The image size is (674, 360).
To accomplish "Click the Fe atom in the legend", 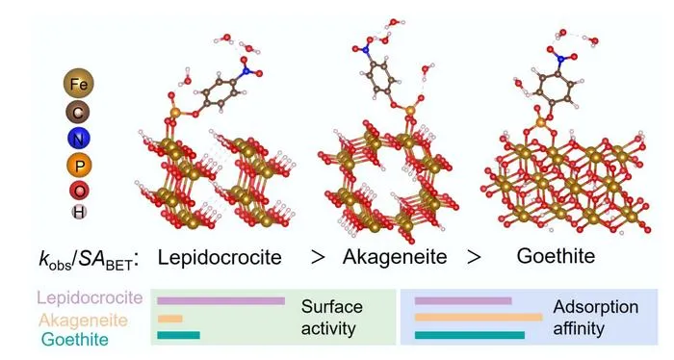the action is (x=78, y=84).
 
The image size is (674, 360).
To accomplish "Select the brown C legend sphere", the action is (x=78, y=113).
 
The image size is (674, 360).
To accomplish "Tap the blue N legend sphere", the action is (x=79, y=139).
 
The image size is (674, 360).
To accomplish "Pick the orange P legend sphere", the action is (x=79, y=166).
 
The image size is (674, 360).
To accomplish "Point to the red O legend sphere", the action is (x=79, y=191).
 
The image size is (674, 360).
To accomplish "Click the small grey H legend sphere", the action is (x=79, y=212).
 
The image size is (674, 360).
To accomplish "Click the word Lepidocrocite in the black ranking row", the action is (x=220, y=257).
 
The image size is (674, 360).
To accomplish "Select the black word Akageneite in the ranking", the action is (x=395, y=257).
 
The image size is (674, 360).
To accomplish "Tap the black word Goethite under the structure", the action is (x=556, y=256).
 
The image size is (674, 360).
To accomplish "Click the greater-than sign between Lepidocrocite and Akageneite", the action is (x=317, y=258).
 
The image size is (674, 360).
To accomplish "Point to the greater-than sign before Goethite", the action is (x=474, y=258).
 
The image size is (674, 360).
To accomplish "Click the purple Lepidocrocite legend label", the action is (x=90, y=297).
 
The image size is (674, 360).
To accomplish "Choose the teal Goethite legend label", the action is (x=75, y=340).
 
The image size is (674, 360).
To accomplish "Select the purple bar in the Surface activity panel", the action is (x=220, y=300).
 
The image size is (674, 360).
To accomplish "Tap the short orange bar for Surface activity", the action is (x=169, y=319).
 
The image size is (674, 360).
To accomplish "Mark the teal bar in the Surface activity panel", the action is (x=178, y=335).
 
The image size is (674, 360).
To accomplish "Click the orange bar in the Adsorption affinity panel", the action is (x=479, y=318).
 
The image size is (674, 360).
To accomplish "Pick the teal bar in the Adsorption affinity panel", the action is (x=470, y=335).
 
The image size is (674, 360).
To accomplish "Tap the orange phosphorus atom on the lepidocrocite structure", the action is (x=175, y=113).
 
